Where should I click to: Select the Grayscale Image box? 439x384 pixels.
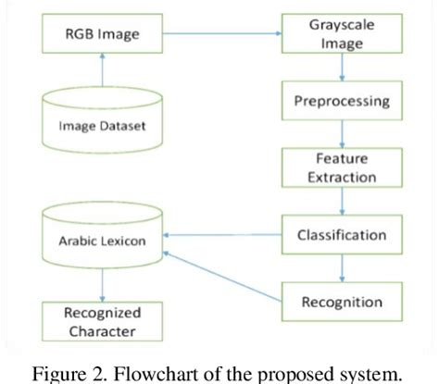(x=343, y=34)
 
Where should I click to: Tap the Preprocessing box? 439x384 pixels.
(x=343, y=101)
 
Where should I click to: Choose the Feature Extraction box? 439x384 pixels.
(x=342, y=167)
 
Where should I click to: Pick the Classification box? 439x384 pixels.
(x=342, y=235)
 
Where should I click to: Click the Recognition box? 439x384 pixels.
(x=342, y=302)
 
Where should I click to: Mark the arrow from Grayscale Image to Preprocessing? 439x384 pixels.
(x=343, y=68)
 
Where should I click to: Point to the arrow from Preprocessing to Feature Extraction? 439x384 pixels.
(x=343, y=134)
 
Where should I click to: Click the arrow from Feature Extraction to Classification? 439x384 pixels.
(x=343, y=201)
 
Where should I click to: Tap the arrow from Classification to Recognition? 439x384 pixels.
(x=343, y=268)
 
